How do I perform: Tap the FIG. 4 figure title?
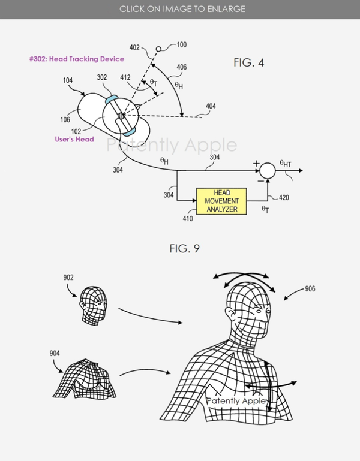pyautogui.click(x=251, y=62)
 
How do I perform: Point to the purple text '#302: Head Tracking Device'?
pyautogui.click(x=76, y=59)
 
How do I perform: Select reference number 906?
pyautogui.click(x=310, y=288)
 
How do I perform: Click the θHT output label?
pyautogui.click(x=286, y=163)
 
